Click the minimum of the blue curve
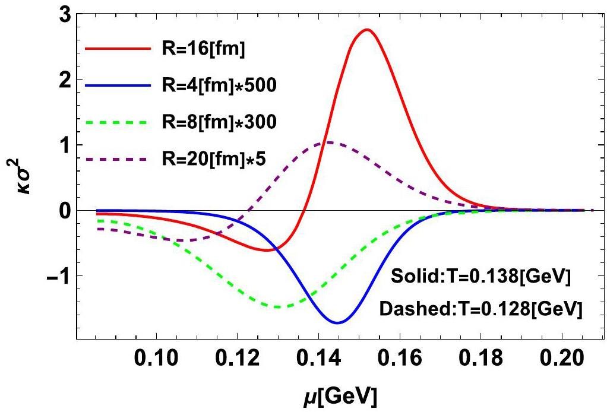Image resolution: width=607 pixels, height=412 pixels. [x=337, y=322]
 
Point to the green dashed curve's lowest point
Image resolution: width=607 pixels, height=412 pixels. [x=277, y=307]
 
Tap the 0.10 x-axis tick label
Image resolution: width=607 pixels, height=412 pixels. [x=158, y=360]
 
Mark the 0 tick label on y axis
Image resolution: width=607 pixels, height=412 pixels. [x=64, y=211]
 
